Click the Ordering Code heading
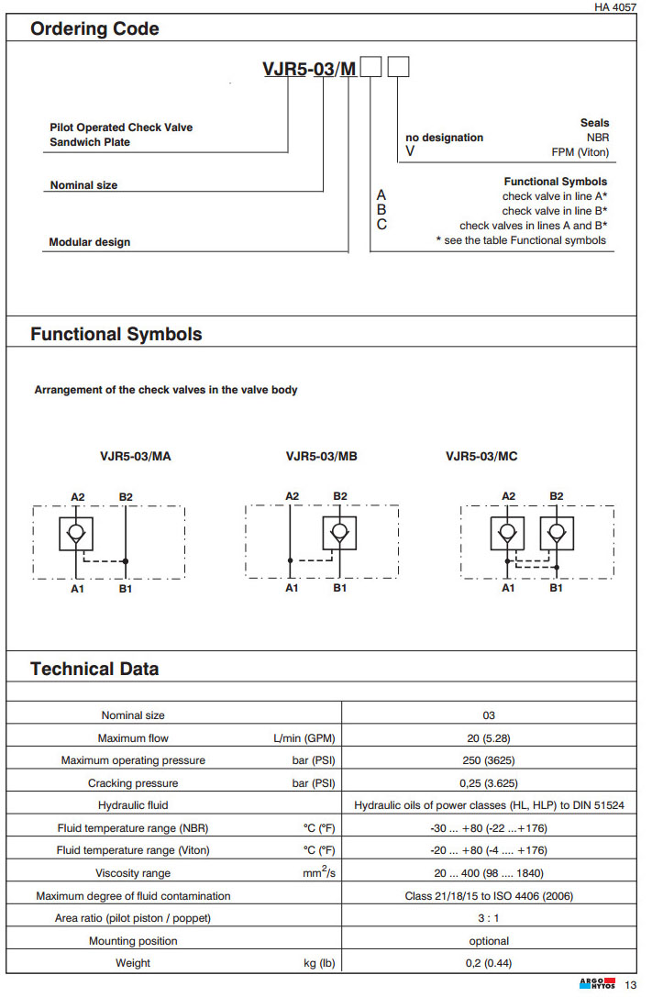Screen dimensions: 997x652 coord(94,29)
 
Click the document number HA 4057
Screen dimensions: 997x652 coord(614,7)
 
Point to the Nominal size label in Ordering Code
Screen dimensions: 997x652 coord(83,185)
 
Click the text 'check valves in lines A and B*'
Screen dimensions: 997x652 coord(534,226)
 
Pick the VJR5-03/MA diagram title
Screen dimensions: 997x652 coord(135,456)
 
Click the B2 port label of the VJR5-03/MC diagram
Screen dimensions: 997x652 coord(556,496)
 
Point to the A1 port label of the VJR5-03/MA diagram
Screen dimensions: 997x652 coord(78,589)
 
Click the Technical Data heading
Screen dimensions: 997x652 coord(94,669)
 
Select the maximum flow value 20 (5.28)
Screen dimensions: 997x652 coord(489,738)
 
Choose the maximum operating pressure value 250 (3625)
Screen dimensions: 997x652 coord(489,760)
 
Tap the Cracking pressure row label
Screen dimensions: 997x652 coord(133,783)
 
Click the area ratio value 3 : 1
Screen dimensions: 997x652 coord(489,918)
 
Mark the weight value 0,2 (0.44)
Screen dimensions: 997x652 coord(489,963)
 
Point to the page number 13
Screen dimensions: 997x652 coord(630,986)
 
